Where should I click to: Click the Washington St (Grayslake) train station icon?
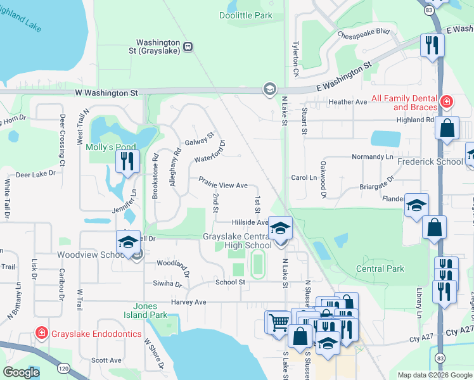(x=188, y=46)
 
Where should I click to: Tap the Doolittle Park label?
(x=246, y=15)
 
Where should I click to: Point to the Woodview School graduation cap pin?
(x=128, y=242)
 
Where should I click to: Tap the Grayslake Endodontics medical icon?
(x=42, y=332)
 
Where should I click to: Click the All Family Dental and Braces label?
(x=403, y=103)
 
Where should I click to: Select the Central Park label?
(x=380, y=269)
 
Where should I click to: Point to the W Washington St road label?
(x=106, y=92)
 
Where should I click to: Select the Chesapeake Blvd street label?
(x=363, y=32)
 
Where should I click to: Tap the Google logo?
(x=21, y=372)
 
